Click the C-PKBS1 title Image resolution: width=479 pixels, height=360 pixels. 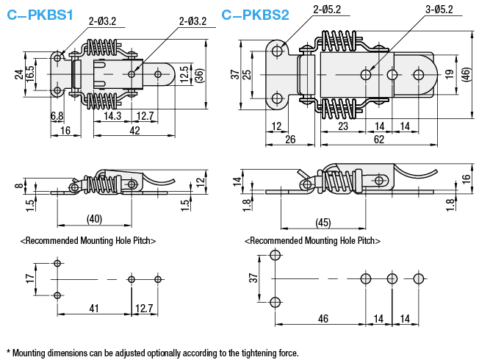40,15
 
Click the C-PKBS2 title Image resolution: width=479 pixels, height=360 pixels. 255,15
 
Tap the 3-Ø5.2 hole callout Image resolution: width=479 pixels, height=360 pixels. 439,10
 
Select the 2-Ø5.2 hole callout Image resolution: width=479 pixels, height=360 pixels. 327,10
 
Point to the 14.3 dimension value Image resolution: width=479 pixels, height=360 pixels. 112,116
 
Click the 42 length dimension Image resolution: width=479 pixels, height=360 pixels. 134,131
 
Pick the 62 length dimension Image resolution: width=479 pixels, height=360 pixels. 379,140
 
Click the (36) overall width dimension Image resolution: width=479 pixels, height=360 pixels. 199,74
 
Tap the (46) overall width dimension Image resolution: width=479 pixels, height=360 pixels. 467,74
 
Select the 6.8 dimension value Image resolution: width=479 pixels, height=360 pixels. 57,116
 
